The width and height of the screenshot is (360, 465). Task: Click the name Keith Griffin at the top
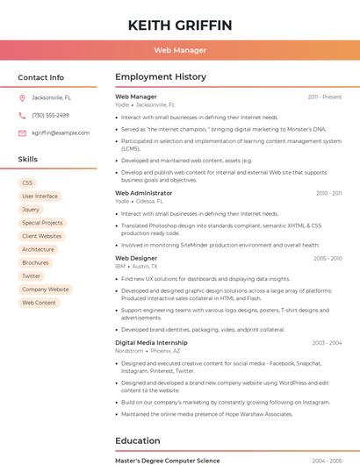point(180,25)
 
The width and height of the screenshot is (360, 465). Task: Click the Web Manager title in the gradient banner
point(180,51)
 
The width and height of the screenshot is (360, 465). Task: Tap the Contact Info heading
point(40,77)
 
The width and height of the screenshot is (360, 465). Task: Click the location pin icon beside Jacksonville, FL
point(22,98)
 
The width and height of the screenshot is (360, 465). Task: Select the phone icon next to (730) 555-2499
point(22,116)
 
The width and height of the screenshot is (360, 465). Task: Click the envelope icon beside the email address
point(22,133)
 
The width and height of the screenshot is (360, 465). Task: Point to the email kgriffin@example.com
point(61,133)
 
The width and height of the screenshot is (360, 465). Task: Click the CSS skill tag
point(27,182)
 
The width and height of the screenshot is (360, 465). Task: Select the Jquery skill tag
point(31,210)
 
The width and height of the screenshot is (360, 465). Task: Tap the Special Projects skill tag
point(42,223)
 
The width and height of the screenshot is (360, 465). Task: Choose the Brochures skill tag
point(35,262)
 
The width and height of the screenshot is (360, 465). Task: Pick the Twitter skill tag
point(32,275)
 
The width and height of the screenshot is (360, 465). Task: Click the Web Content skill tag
point(39,303)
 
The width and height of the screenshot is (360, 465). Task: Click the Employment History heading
point(161,77)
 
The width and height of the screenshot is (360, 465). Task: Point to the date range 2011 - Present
point(324,97)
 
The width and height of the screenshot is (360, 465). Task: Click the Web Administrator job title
point(144,193)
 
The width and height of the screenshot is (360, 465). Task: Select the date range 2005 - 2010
point(328,259)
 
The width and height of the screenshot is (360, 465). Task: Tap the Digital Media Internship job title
point(151,343)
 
